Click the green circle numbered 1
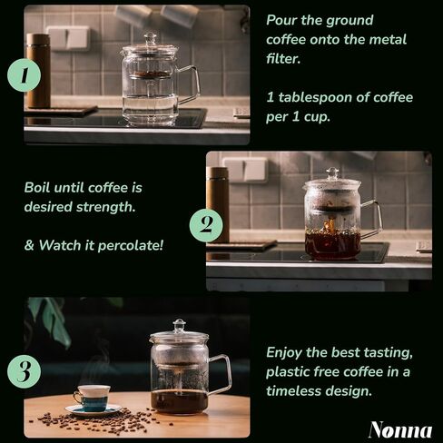(x=25, y=75)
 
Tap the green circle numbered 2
(x=206, y=226)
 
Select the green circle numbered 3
(x=25, y=371)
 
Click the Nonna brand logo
(x=400, y=429)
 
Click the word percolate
(x=131, y=245)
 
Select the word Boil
(x=37, y=188)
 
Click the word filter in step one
(x=283, y=59)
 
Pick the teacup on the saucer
(x=91, y=398)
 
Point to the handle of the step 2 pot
(x=372, y=219)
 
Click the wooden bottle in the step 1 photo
(x=38, y=71)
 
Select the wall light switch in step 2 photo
(x=244, y=170)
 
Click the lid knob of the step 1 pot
(x=150, y=38)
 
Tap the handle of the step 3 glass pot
(x=221, y=374)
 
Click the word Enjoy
(x=283, y=353)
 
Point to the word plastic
(x=288, y=372)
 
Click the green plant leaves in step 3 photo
(x=50, y=320)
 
